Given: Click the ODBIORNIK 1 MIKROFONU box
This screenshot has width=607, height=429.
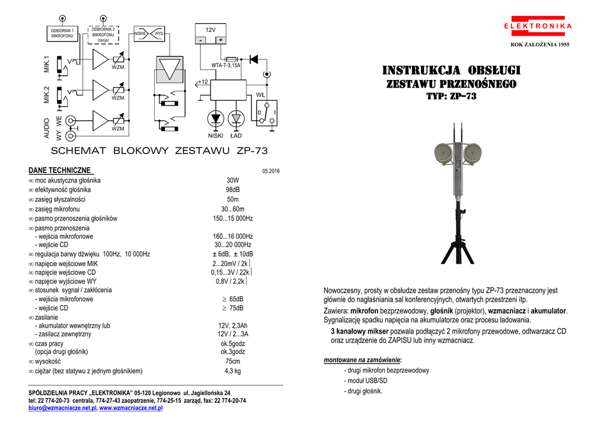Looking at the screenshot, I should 62,34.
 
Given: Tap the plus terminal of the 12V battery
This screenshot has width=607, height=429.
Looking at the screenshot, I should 220,40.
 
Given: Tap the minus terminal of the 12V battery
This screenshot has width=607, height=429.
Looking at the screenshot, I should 201,40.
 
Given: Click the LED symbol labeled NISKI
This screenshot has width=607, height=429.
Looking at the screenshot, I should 215,118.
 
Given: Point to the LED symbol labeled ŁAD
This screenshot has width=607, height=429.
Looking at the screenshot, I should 236,118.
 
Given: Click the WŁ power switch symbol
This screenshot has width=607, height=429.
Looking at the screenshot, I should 267,112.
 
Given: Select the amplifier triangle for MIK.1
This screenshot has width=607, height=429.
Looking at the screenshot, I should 100,59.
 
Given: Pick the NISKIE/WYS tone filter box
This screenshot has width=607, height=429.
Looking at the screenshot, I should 148,34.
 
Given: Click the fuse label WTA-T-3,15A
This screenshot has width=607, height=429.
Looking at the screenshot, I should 225,65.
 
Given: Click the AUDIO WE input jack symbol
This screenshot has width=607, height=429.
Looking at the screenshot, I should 71,121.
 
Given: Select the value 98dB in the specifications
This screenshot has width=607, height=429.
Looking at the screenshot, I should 232,190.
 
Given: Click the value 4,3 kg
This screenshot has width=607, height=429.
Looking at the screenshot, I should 232,372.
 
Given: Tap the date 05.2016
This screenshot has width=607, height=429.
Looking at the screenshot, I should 270,172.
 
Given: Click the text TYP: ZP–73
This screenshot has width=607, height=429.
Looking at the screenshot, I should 451,97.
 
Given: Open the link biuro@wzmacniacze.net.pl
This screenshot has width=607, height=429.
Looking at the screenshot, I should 62,408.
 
